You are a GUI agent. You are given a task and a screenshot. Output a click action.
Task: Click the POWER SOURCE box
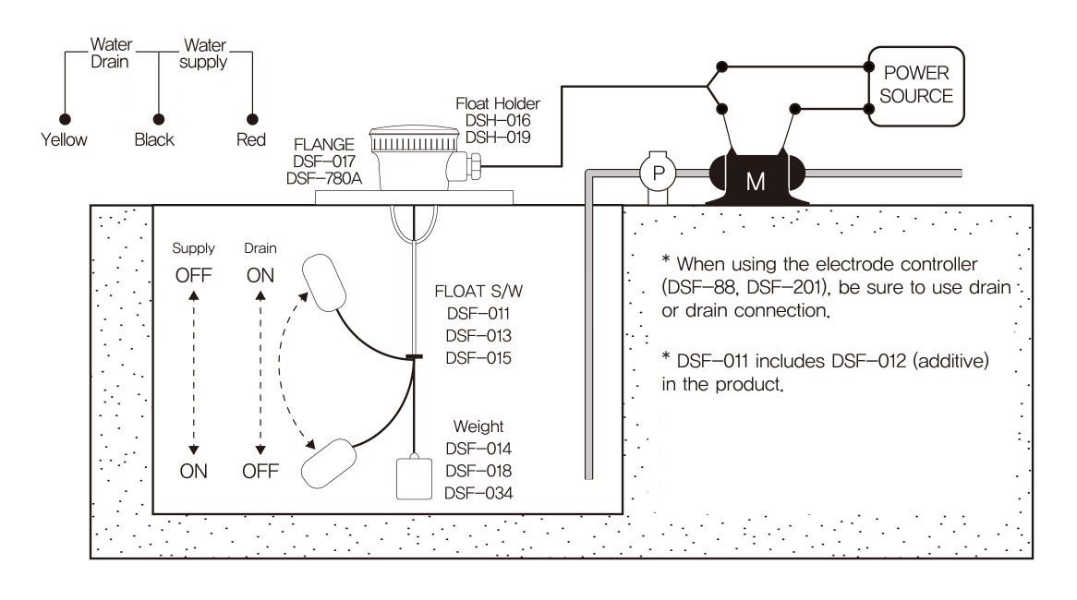tap(916, 87)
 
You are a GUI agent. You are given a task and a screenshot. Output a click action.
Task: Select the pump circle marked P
tap(658, 174)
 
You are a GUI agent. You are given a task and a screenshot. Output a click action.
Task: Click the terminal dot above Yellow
tap(66, 119)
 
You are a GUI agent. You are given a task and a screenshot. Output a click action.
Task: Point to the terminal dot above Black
tap(159, 119)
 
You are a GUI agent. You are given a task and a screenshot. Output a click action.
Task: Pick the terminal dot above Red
tap(252, 119)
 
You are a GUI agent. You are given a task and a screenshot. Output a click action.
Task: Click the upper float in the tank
tap(323, 282)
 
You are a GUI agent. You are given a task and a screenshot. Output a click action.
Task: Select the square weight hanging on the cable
tap(414, 478)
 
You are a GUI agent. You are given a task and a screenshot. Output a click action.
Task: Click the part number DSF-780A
tap(323, 178)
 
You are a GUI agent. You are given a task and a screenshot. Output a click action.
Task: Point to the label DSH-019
tap(498, 138)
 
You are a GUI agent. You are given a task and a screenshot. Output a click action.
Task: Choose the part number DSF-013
tap(478, 336)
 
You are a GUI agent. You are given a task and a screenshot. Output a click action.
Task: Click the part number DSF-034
tap(478, 493)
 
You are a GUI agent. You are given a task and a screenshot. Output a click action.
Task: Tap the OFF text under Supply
tap(194, 275)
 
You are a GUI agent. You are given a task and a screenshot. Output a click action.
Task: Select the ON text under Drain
tap(260, 275)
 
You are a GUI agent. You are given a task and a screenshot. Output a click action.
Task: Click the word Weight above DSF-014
tap(478, 426)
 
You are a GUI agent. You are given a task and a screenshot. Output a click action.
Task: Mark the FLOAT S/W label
tap(478, 291)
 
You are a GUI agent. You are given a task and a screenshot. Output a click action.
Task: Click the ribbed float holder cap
tap(414, 139)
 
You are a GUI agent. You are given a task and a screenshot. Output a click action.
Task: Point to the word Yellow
tap(64, 139)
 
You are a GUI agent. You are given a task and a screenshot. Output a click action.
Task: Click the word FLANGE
tap(323, 145)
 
